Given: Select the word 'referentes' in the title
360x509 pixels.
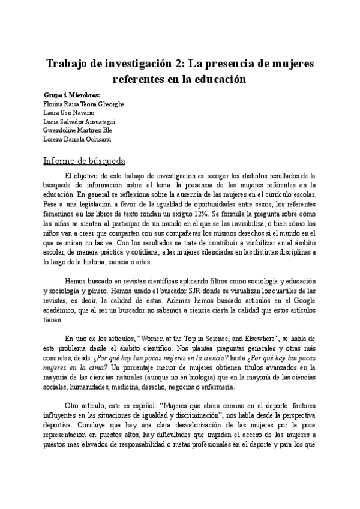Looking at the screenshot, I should [x=140, y=78].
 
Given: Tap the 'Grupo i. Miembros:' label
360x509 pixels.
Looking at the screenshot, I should [x=72, y=95].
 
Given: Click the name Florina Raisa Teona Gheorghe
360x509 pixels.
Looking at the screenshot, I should [x=84, y=104].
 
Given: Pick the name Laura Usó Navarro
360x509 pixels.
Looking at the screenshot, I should [x=69, y=112].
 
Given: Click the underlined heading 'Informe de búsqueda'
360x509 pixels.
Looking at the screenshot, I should [x=84, y=161].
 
